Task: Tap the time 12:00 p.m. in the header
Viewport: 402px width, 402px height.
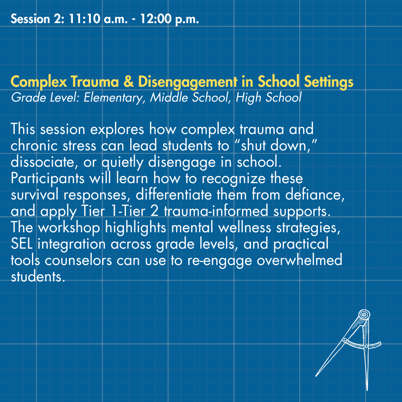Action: [x=169, y=19]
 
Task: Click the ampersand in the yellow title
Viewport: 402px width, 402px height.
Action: [x=128, y=82]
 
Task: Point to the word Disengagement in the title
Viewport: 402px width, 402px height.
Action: [x=188, y=82]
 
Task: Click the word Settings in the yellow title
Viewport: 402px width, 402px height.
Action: [x=329, y=82]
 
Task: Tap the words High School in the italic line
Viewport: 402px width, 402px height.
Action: [x=268, y=98]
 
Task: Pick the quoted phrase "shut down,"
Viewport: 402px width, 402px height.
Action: [x=276, y=146]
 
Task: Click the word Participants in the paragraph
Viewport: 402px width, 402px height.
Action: [x=47, y=179]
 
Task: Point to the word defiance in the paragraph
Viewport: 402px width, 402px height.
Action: [x=315, y=195]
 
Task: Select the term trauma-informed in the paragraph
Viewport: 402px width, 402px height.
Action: [x=216, y=211]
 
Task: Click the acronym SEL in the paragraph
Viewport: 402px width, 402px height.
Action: [x=22, y=244]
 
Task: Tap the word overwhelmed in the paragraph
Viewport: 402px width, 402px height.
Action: [x=299, y=260]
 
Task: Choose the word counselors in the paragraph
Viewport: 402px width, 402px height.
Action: [x=78, y=261]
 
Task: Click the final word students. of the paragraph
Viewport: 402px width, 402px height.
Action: [x=38, y=277]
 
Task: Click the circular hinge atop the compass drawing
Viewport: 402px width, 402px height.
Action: [x=364, y=314]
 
